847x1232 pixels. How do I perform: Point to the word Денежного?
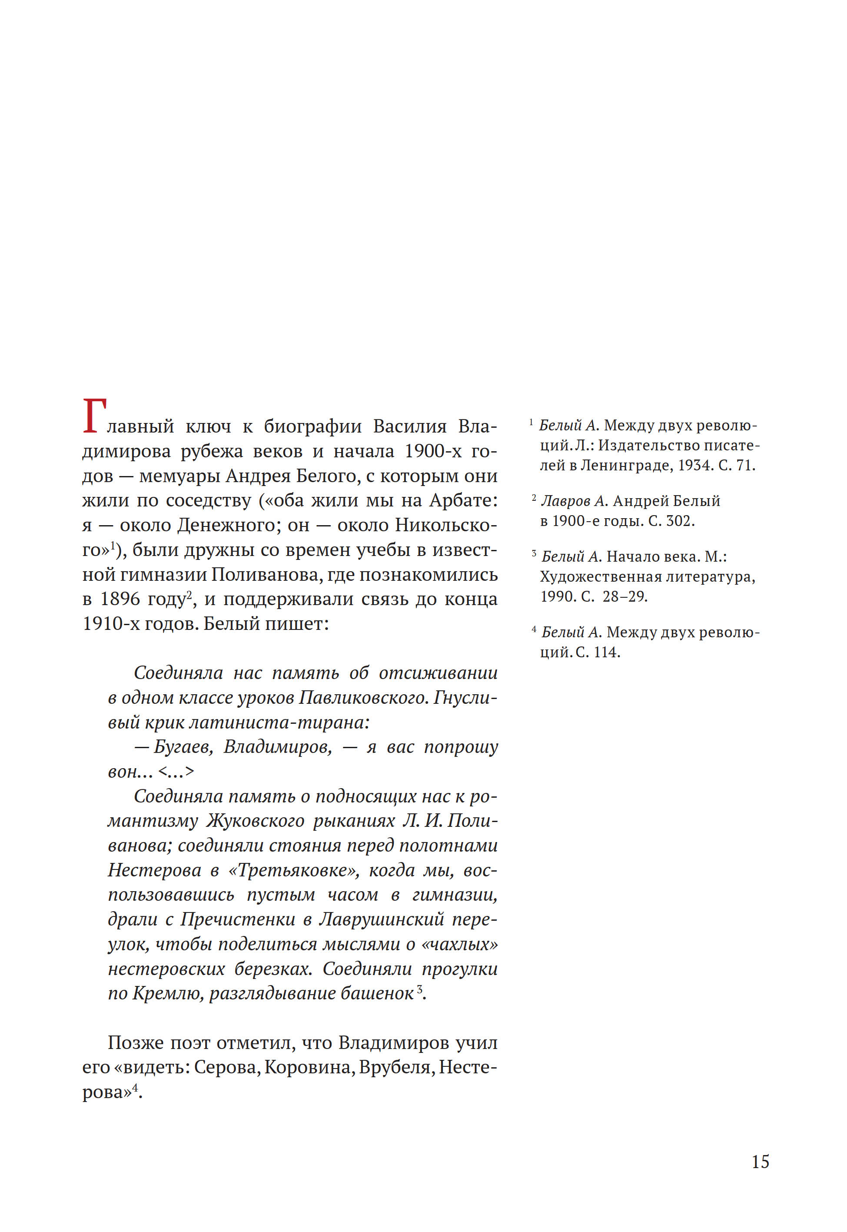(x=226, y=525)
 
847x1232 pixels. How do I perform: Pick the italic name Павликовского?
(x=364, y=697)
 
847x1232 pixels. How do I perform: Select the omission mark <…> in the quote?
(x=176, y=771)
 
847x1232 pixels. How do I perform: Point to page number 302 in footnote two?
(x=680, y=521)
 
